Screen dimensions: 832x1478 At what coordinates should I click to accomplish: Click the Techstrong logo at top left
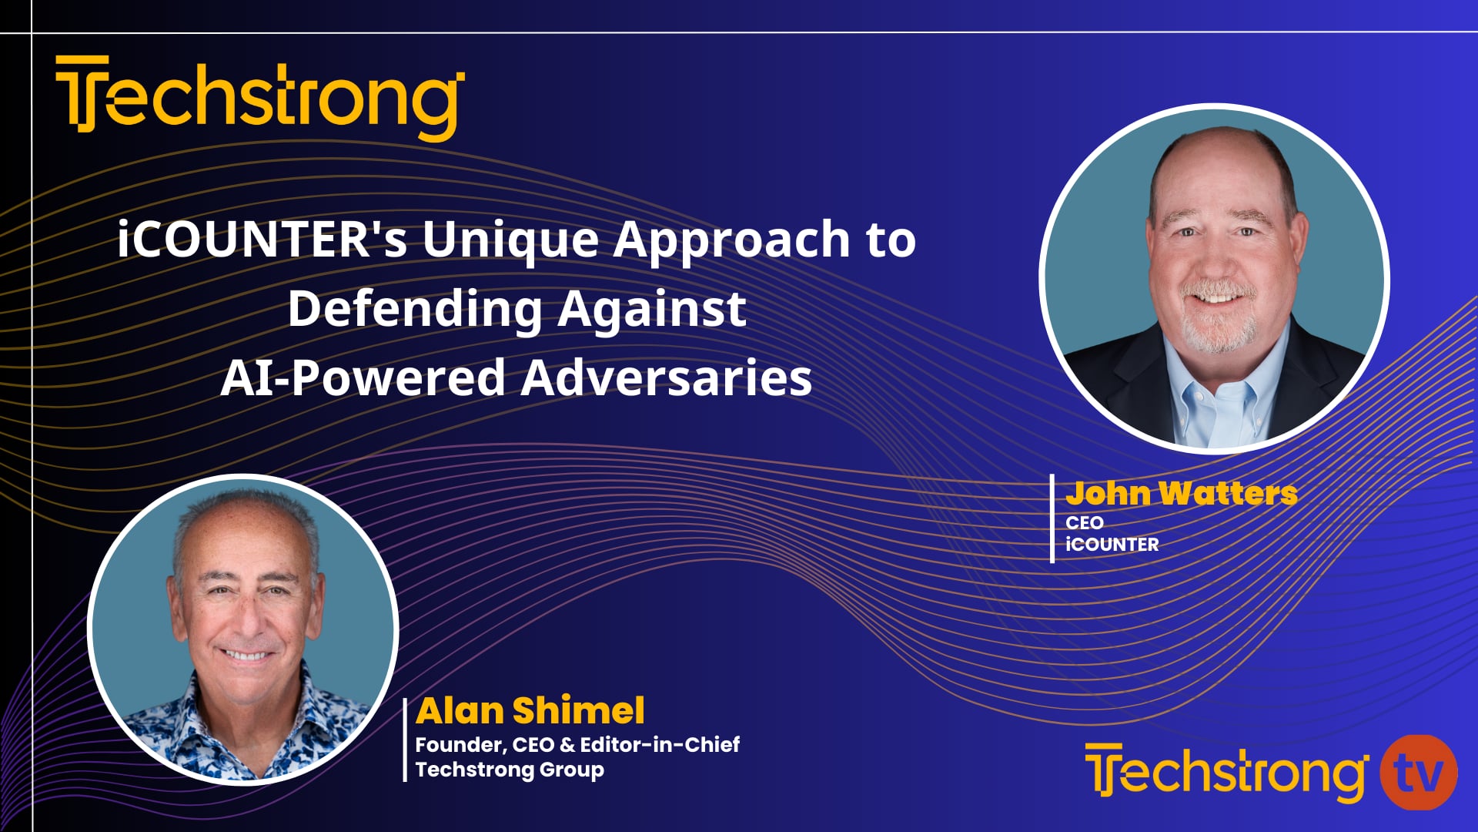[259, 98]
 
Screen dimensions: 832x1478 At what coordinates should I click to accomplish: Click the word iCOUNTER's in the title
[262, 239]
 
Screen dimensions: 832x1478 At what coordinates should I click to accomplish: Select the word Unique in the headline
[510, 240]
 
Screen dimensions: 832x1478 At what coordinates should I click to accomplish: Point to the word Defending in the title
[415, 310]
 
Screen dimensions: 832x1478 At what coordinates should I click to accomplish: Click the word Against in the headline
[651, 310]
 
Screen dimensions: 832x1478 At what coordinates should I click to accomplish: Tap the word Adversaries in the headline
[666, 378]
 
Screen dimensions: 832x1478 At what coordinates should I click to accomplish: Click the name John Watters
[1181, 493]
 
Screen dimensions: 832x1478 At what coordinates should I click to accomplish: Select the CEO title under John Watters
[1084, 522]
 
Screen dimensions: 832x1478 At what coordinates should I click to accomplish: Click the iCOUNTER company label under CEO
[1112, 545]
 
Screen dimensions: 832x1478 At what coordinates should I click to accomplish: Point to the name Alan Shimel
[530, 710]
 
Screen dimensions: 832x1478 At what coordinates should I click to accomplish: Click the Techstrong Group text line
[510, 770]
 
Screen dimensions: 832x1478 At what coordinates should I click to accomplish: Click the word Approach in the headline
[731, 240]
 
